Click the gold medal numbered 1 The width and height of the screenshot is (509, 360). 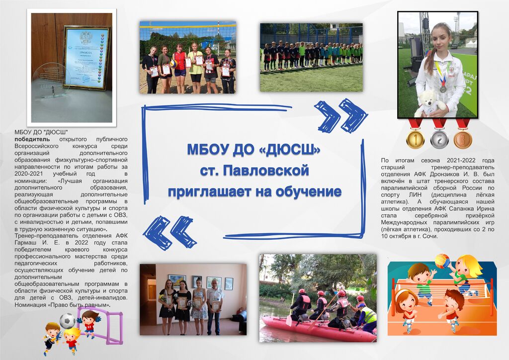click(415, 139)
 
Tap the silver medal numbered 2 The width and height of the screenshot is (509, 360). click(439, 139)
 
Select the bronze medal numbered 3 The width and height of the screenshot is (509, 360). click(463, 139)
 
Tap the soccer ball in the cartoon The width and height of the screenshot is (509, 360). click(67, 321)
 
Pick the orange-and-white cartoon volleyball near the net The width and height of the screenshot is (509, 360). click(441, 261)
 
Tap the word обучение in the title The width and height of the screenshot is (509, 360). click(308, 192)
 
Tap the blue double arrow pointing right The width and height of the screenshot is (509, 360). click(340, 116)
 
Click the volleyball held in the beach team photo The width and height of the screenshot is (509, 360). click(173, 63)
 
